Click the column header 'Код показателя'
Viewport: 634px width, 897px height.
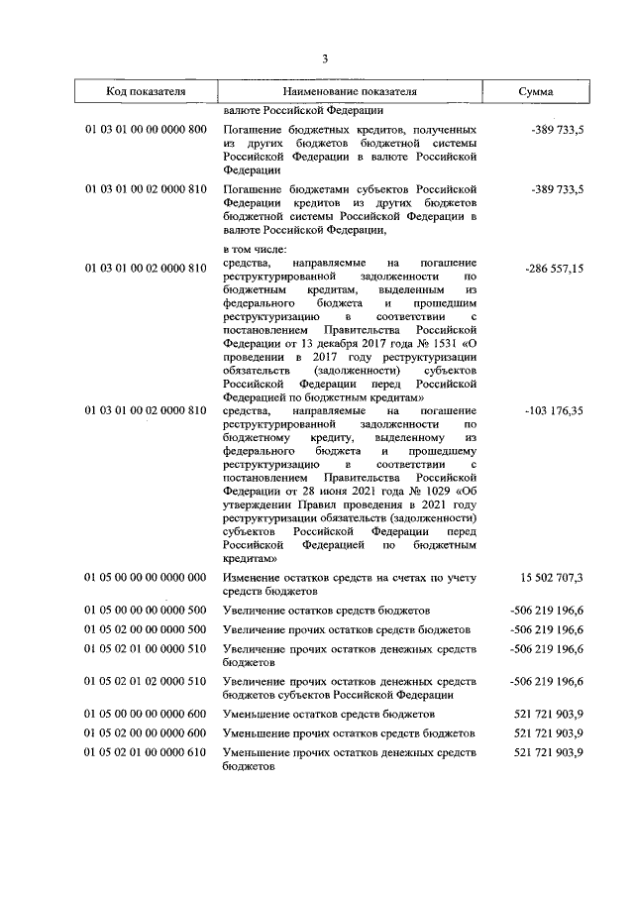[x=146, y=91]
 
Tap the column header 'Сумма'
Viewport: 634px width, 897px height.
[x=536, y=91]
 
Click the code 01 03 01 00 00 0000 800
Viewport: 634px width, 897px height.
[x=146, y=130]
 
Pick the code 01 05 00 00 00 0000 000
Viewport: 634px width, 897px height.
[x=146, y=578]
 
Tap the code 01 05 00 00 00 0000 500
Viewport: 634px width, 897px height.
[x=146, y=610]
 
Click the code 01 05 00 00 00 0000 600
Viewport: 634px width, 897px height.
[x=146, y=713]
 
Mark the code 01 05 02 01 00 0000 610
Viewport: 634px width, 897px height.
[x=146, y=752]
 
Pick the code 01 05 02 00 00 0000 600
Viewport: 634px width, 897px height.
[x=146, y=732]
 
